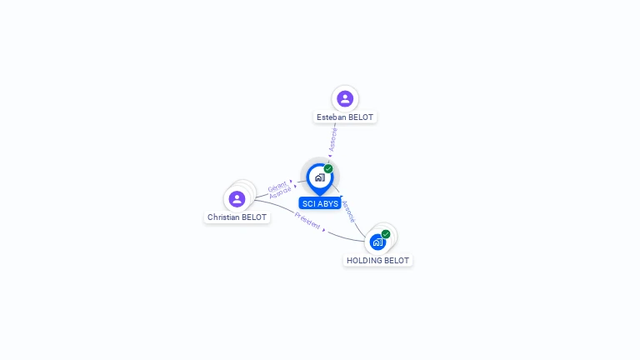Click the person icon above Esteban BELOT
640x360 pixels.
[x=345, y=99]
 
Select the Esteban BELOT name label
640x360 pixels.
[x=345, y=117]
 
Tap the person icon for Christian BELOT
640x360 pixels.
[x=237, y=199]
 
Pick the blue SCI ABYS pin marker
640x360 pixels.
[x=319, y=177]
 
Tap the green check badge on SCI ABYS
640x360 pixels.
[x=328, y=169]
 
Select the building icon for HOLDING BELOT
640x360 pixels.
[x=377, y=242]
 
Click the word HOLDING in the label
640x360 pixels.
[x=365, y=261]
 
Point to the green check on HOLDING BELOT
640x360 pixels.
[x=386, y=234]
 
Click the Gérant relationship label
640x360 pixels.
[x=277, y=186]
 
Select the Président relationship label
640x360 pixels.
[x=307, y=222]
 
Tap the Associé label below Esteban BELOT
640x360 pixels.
[x=333, y=139]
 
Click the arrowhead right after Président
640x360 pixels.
[x=324, y=229]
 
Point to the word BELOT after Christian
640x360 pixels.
[x=255, y=217]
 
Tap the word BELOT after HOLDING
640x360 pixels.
[x=397, y=261]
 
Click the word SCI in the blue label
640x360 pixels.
[x=308, y=204]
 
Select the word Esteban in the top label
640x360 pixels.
[x=331, y=117]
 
